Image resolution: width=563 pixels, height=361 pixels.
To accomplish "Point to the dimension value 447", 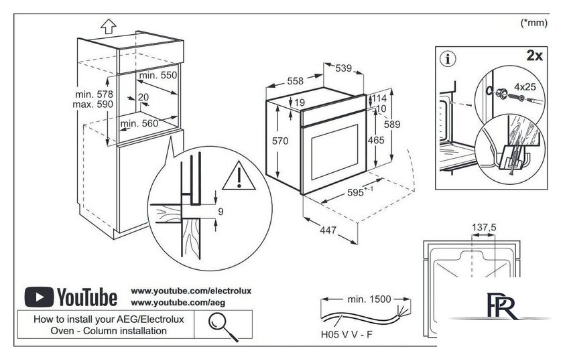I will pos(327,230).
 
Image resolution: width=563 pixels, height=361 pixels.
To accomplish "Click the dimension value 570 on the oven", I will pos(279,141).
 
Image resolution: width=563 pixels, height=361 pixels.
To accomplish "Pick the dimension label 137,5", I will pos(484,228).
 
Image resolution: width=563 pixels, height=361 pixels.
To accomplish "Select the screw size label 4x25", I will pos(525,86).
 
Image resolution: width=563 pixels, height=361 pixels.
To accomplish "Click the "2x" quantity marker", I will pos(534,56).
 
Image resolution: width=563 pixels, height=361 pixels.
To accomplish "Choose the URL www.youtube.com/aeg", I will pos(168,303).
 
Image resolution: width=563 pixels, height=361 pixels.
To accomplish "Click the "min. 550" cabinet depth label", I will pos(158,76).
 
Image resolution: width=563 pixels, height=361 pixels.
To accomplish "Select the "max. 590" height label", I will pos(94,105).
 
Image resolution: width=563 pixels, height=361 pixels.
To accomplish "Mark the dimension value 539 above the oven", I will pos(344,68).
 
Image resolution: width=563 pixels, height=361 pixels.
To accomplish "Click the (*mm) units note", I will pos(534,23).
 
